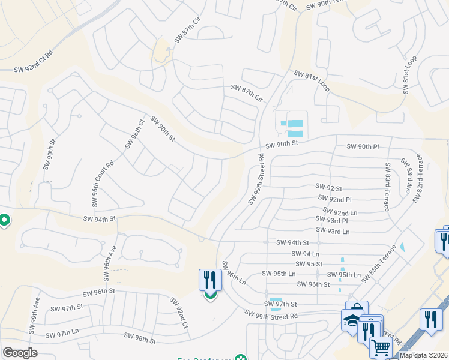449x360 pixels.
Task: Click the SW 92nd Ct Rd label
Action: point(33,61)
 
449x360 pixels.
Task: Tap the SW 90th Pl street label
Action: point(363,146)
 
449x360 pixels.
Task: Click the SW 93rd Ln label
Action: point(332,231)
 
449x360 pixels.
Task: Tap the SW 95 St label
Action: point(309,264)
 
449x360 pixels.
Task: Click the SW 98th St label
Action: point(139,340)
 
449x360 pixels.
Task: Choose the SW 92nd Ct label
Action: point(179,313)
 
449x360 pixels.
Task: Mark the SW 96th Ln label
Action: point(234,274)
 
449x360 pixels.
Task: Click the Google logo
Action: point(20,353)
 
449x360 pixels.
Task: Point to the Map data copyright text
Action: point(423,355)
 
